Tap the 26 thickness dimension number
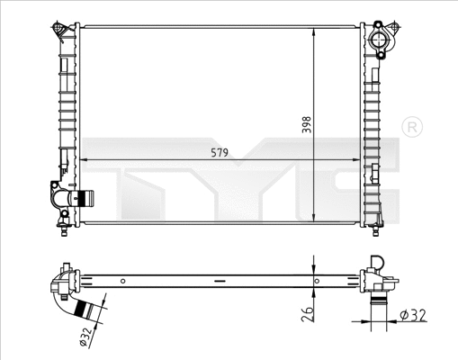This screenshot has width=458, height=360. [307, 313]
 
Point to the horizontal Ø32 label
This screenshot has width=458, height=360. [410, 315]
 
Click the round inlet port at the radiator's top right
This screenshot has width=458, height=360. [382, 41]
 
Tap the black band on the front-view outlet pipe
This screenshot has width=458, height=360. [86, 197]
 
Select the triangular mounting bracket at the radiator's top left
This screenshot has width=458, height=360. [59, 31]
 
